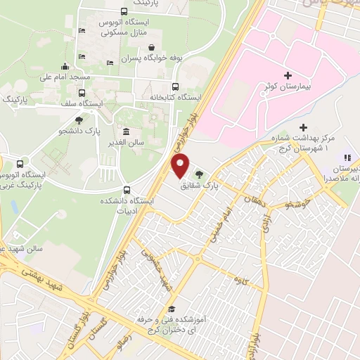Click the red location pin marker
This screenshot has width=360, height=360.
coord(181,166)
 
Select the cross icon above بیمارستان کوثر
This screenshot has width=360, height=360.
coord(288,75)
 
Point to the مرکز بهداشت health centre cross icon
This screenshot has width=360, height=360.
coord(303,127)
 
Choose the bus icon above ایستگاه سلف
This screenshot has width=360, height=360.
coord(82,92)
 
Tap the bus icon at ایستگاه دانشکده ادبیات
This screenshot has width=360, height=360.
coord(127,189)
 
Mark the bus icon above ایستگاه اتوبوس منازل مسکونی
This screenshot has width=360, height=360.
coord(124,11)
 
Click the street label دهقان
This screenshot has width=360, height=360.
coord(251,199)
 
